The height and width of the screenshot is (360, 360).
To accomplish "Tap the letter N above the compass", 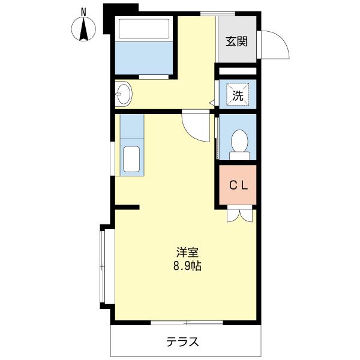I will pos(84,11).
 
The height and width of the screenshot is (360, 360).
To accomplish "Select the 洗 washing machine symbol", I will pos(238,94).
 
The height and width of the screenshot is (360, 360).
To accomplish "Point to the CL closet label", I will pos(238,185).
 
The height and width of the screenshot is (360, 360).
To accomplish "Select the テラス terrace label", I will pos(182,343).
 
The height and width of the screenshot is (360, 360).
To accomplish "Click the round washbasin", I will pos(124,93).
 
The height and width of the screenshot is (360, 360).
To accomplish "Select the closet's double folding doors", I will pos(238,214).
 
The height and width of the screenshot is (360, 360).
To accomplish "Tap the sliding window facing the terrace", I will pos(187,323).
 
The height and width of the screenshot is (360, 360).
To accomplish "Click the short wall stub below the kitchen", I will pos(127,208).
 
